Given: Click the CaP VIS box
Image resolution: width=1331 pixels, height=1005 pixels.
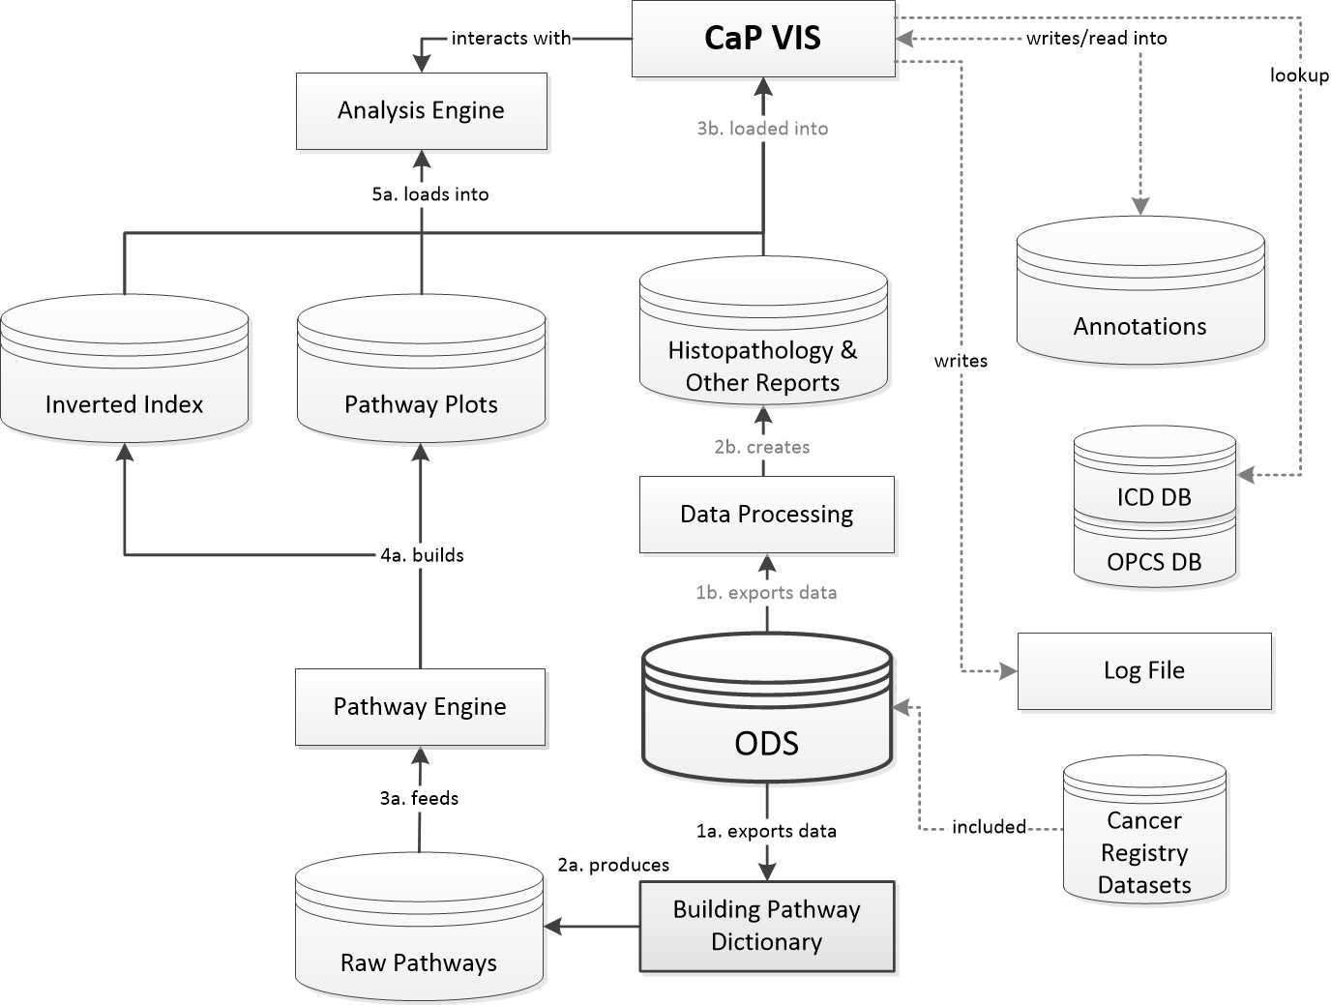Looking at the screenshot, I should click(762, 39).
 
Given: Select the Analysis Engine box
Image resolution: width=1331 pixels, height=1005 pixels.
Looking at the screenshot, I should click(421, 110).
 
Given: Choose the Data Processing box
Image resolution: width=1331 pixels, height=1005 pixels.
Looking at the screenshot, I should click(766, 514).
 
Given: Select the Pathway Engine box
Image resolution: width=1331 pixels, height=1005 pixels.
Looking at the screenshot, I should click(420, 706).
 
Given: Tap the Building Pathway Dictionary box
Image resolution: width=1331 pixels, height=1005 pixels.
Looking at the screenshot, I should click(766, 926).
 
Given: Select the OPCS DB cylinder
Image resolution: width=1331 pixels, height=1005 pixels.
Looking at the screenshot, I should click(1154, 556).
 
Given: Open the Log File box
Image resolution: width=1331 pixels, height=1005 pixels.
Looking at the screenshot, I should click(1144, 671).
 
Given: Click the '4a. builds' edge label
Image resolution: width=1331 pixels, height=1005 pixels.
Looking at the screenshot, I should click(422, 555).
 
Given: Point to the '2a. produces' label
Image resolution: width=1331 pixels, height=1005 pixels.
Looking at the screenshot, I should click(613, 865).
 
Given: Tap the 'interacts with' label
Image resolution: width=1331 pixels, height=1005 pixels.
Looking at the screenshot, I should click(511, 39).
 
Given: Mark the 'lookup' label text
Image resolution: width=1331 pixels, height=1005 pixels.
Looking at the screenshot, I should click(1299, 75).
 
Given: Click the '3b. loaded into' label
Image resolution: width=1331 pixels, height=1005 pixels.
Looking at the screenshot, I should click(762, 129).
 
